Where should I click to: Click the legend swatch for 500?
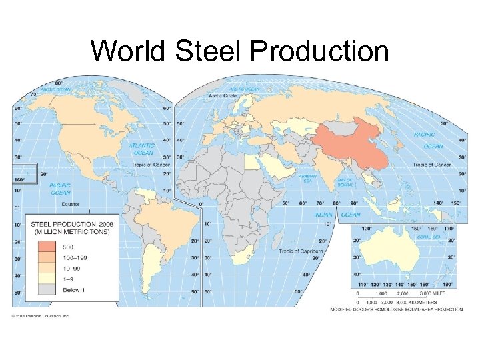(47, 247)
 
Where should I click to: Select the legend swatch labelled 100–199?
(47, 258)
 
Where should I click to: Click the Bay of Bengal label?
(345, 181)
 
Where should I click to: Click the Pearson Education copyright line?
(41, 316)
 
